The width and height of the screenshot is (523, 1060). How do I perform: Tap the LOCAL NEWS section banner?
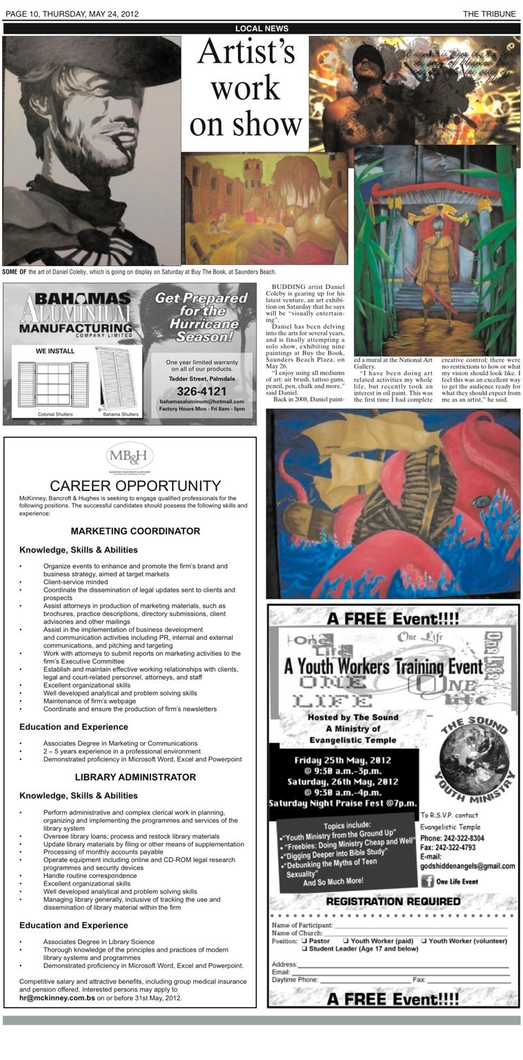pos(261,28)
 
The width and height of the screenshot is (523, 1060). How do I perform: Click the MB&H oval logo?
pos(130,457)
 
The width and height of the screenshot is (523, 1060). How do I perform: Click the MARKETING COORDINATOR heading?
pos(135,531)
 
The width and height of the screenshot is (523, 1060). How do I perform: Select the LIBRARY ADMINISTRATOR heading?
pos(135,777)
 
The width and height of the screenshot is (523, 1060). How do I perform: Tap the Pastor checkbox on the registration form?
pos(304,941)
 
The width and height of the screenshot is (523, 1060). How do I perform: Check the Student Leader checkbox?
pos(304,949)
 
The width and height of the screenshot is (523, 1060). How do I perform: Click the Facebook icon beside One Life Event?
pos(426,881)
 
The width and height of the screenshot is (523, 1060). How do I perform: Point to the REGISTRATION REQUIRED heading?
pos(393,901)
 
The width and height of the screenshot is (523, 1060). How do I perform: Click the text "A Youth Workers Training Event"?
pos(384,667)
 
